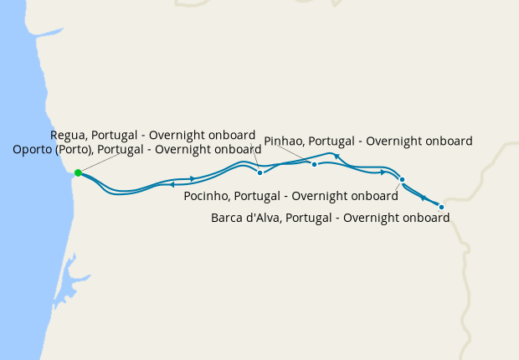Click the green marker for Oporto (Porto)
pos(78,172)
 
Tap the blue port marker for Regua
pos(260,172)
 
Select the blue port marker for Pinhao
pos(314,164)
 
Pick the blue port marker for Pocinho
pos(402,180)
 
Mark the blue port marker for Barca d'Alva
pos(441,206)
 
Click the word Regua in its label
pos(69,135)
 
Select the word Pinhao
pos(284,141)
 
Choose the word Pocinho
pos(206,197)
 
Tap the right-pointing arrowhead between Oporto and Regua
pos(193,178)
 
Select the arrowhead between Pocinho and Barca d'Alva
pos(424,198)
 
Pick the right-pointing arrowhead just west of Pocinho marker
pos(383,172)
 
